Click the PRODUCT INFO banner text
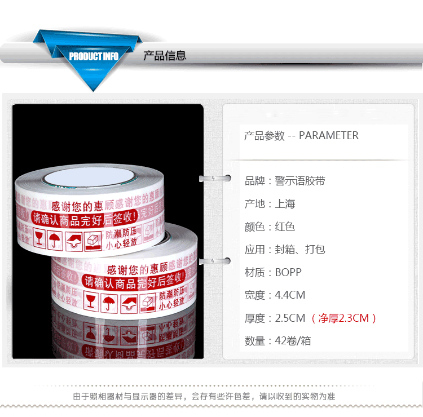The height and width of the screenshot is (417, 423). click(x=94, y=56)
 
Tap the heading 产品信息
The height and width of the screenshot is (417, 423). click(x=165, y=56)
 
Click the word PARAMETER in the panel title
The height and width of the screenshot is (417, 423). click(x=329, y=136)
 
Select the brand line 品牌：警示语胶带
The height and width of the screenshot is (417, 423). click(x=285, y=181)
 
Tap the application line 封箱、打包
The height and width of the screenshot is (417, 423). click(x=300, y=250)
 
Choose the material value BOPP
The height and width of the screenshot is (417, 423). click(x=288, y=273)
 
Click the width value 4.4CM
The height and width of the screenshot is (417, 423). click(x=290, y=295)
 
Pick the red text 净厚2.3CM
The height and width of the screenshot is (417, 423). click(x=343, y=318)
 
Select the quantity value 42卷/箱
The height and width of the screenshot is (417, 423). click(x=293, y=341)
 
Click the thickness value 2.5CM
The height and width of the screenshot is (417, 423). click(x=290, y=318)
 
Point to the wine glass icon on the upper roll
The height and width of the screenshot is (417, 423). click(x=38, y=238)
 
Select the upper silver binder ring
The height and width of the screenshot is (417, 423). click(x=215, y=179)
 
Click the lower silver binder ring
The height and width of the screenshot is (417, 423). click(x=215, y=260)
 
